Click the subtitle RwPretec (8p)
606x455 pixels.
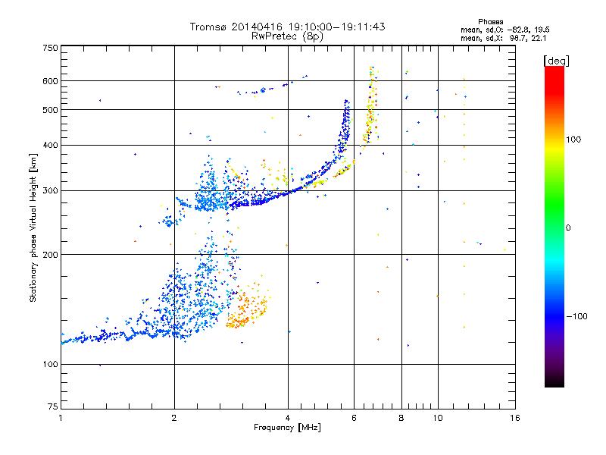click(x=287, y=36)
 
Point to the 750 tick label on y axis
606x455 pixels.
click(x=51, y=48)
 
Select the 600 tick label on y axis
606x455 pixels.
click(x=51, y=81)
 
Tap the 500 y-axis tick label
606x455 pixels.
click(x=51, y=110)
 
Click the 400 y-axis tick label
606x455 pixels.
click(x=51, y=146)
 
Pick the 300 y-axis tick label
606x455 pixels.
click(x=51, y=191)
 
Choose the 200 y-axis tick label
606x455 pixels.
click(x=51, y=255)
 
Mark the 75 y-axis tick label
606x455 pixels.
click(x=53, y=406)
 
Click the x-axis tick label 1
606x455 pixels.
click(x=61, y=418)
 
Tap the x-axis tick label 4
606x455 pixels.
click(x=288, y=418)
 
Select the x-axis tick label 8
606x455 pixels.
click(x=401, y=418)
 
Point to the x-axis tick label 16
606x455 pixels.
click(x=515, y=418)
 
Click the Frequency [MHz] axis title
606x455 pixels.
click(x=287, y=428)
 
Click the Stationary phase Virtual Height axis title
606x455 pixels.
click(x=33, y=227)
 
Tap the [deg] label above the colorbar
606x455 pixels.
click(x=556, y=61)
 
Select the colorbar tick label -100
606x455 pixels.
click(x=577, y=316)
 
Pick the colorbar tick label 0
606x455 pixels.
click(x=568, y=228)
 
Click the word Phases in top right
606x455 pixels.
click(x=491, y=22)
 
